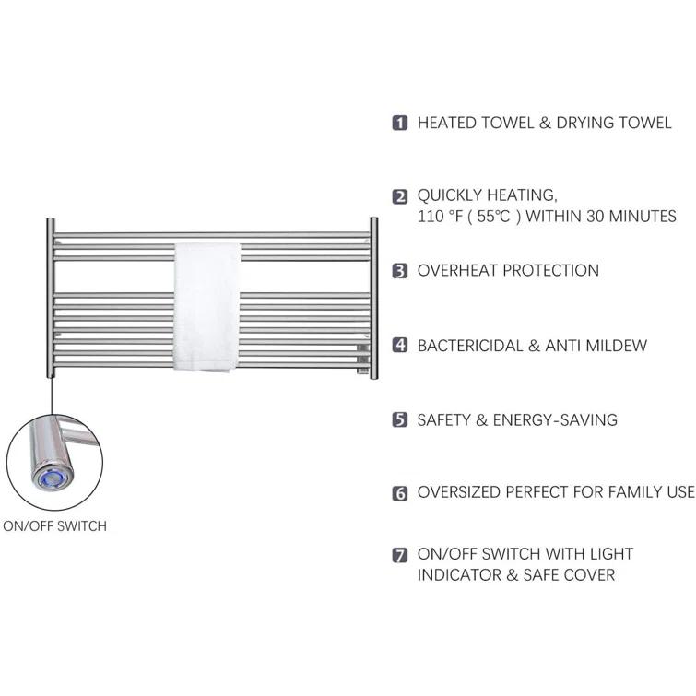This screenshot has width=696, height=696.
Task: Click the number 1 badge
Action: tap(400, 123)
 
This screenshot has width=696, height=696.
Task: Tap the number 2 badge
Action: tap(400, 196)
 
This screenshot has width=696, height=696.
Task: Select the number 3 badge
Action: tap(400, 271)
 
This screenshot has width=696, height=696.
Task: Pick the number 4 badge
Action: tap(400, 345)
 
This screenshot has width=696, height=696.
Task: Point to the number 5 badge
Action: tap(400, 419)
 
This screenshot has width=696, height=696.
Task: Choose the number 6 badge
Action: tap(400, 492)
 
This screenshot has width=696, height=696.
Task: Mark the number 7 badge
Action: tap(400, 555)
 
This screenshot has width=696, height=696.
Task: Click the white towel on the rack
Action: tap(206, 307)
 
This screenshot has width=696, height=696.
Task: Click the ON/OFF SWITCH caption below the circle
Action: tap(55, 526)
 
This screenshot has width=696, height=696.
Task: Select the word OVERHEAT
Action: tap(456, 270)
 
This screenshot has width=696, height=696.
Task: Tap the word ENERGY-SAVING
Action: tap(555, 420)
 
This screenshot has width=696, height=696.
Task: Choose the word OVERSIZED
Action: tap(459, 492)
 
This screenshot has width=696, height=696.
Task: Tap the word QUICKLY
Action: tap(449, 195)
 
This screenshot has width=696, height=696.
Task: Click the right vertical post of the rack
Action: tap(373, 299)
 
